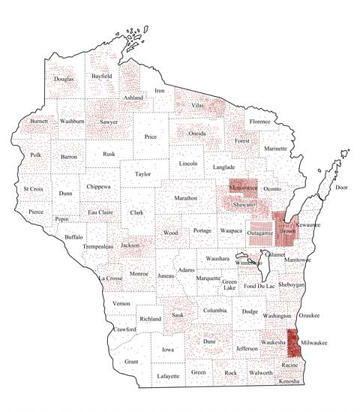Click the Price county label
[151, 137]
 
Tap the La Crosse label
[111, 278]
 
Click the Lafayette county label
[168, 375]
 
